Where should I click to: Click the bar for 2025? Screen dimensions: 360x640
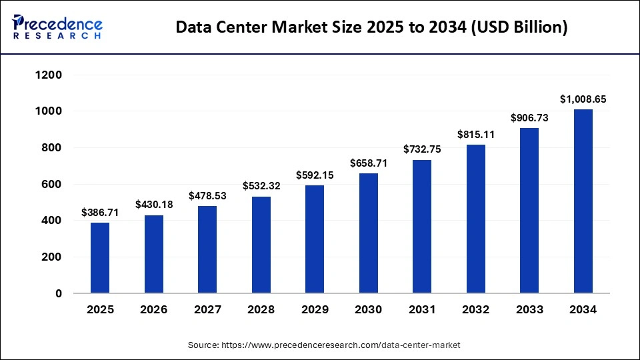point(100,257)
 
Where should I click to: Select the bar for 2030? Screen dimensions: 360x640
point(368,233)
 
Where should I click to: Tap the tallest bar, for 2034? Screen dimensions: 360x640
point(583,201)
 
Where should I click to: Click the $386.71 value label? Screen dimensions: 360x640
point(100,213)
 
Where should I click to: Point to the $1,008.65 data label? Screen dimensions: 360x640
point(583,99)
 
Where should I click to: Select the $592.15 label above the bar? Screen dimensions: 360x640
point(315,175)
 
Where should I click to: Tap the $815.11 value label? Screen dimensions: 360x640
point(475,135)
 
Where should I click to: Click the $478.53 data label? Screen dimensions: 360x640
point(207,196)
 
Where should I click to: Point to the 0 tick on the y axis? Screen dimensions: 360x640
point(59,293)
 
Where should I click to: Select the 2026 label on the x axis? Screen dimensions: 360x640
point(153,310)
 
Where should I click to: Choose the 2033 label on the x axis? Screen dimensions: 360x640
point(529,310)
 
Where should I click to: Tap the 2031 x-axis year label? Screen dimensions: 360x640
point(422,310)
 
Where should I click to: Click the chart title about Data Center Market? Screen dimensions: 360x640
point(371,28)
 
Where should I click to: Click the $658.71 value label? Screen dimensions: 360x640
point(368,163)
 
